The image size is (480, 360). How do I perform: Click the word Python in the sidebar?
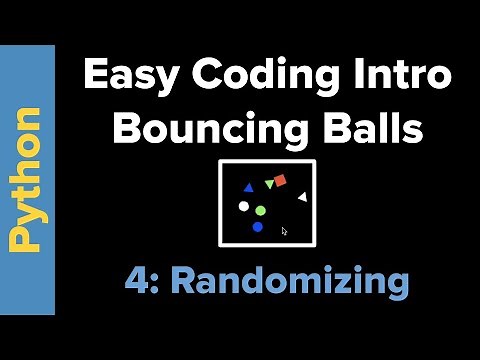[27, 179]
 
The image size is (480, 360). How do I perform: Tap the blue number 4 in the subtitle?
[136, 281]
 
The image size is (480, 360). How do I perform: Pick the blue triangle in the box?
[248, 187]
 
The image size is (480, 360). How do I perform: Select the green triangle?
[269, 185]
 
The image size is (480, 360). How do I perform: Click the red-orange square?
[280, 181]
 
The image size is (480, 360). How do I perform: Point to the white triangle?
[302, 197]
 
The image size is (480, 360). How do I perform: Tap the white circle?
[243, 207]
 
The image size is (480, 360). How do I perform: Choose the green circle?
[260, 211]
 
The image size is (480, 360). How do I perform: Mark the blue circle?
[257, 227]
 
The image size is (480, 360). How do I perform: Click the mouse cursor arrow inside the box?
[284, 231]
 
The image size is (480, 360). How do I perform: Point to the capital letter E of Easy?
[95, 76]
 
